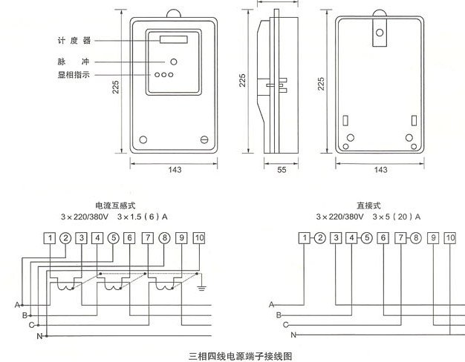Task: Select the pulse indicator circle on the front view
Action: coord(174,62)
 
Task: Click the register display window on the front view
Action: coord(173,39)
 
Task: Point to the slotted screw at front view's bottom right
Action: coord(206,139)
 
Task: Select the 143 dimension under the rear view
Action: coord(380,171)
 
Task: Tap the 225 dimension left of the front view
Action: coord(116,87)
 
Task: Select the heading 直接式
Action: coord(368,205)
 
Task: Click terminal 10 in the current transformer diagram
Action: coord(199,238)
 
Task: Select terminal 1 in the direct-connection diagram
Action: coord(304,238)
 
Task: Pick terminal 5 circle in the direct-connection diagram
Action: coord(367,238)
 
